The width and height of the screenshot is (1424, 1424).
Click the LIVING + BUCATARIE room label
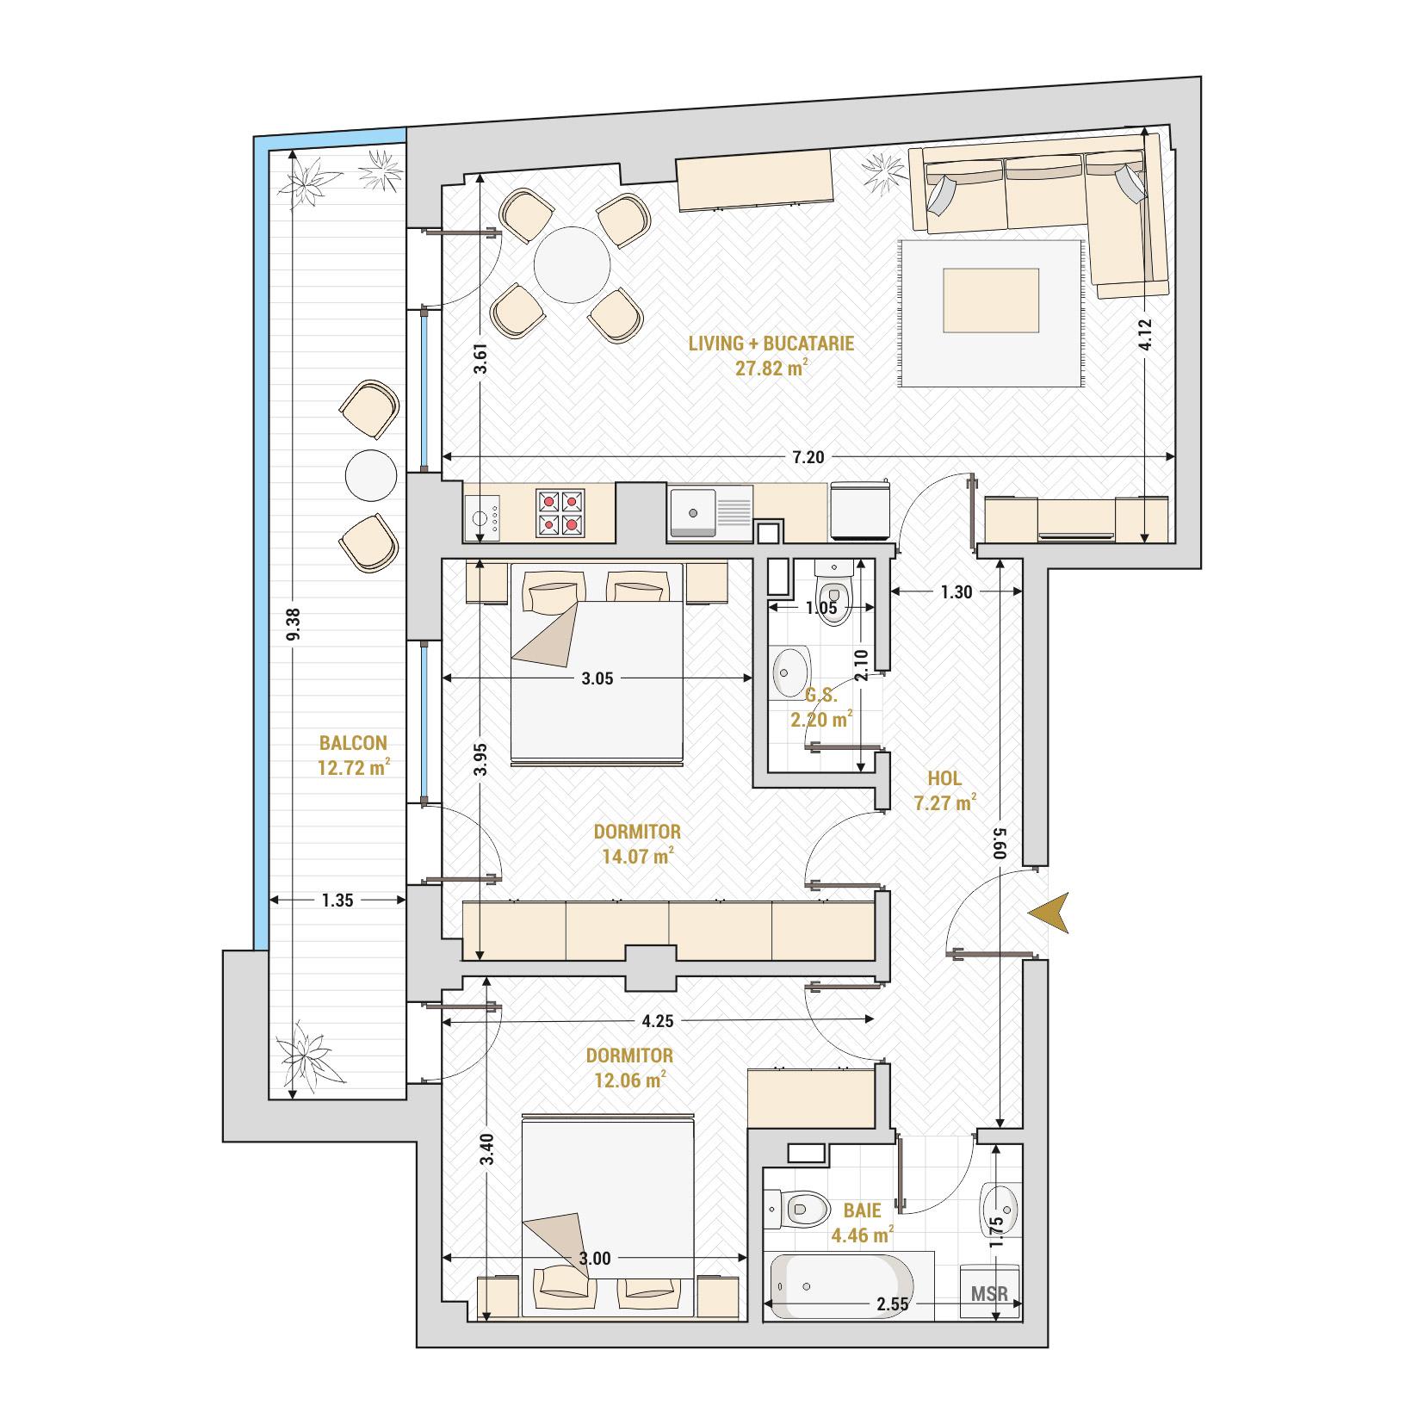click(771, 344)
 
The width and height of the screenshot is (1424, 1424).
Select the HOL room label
click(944, 778)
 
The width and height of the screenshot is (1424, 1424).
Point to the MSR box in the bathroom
click(988, 1293)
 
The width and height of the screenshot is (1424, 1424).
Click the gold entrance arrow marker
click(1050, 913)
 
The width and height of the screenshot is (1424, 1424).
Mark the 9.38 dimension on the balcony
click(294, 623)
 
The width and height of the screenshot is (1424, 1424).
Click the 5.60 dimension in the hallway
click(1000, 844)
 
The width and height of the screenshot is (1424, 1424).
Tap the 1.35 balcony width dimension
click(337, 901)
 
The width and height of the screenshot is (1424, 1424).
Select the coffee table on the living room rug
click(991, 300)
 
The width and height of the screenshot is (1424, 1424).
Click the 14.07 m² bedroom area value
click(637, 856)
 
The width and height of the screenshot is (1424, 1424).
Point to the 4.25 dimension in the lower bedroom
click(657, 1021)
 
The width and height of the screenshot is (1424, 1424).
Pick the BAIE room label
click(862, 1210)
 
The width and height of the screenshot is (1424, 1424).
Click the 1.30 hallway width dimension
click(957, 591)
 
